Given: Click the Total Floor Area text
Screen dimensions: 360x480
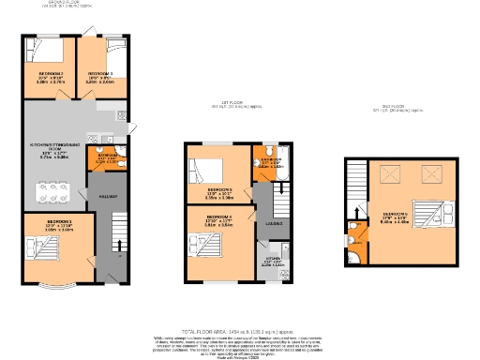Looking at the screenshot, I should pos(239,331).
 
